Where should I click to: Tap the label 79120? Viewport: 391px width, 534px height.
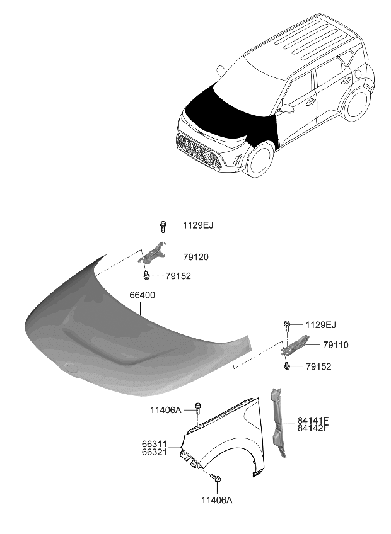(x=195, y=257)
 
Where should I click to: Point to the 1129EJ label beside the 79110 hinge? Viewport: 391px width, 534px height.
(x=320, y=325)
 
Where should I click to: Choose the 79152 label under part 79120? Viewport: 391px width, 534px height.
(x=178, y=276)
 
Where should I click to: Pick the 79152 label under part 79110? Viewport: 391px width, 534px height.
(x=318, y=366)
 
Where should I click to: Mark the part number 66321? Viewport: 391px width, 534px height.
(x=155, y=452)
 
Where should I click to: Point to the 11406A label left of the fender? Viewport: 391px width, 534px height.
(x=165, y=410)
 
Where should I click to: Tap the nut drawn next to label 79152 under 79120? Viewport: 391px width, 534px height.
(x=147, y=275)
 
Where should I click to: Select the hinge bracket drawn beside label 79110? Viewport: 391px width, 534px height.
(x=297, y=344)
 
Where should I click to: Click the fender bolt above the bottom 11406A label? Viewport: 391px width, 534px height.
(x=217, y=480)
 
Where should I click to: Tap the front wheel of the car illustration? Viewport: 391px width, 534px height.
(x=259, y=159)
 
